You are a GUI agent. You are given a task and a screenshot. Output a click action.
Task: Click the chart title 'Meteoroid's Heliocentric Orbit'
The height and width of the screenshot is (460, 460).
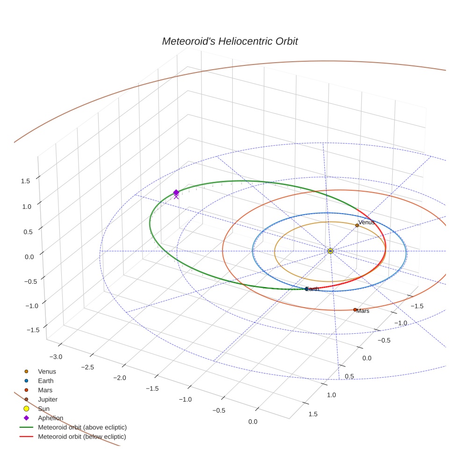[230, 42]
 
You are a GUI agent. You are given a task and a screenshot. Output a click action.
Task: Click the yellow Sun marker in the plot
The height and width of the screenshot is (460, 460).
[330, 251]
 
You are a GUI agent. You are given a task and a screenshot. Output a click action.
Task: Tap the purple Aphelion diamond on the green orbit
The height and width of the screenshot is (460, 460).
[176, 193]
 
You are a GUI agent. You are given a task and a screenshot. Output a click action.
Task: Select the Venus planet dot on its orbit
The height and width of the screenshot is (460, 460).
[357, 225]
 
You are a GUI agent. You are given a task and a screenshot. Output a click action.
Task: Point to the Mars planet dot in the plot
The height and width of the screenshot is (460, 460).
[355, 309]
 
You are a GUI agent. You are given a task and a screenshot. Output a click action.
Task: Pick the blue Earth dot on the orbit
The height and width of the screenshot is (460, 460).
[307, 289]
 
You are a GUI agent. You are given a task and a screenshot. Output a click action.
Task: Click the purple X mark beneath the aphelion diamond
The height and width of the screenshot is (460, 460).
[176, 197]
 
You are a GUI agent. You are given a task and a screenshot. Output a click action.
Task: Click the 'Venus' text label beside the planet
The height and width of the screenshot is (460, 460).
[367, 222]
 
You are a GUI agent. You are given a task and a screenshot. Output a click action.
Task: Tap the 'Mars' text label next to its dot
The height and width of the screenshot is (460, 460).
[363, 311]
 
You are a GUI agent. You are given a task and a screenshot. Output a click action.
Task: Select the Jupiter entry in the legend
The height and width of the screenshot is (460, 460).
[48, 399]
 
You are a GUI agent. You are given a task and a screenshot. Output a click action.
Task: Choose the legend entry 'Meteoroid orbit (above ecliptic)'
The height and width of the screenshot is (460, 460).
[82, 427]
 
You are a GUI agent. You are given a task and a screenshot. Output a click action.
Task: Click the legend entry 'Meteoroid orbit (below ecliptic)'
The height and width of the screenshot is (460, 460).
[82, 437]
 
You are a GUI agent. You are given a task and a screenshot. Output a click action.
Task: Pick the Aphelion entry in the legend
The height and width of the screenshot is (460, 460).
[50, 418]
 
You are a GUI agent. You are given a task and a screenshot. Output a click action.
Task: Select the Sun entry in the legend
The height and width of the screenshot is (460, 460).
[43, 409]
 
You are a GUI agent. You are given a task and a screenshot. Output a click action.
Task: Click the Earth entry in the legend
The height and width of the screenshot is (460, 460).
[46, 381]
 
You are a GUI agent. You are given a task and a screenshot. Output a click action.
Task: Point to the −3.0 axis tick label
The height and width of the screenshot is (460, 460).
[55, 357]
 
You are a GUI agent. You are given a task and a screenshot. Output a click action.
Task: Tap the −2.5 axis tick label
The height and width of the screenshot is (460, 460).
[87, 367]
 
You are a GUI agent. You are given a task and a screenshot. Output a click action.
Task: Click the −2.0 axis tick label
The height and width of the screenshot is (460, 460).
[120, 378]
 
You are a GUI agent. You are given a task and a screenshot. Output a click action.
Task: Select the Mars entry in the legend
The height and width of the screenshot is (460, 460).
[45, 390]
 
